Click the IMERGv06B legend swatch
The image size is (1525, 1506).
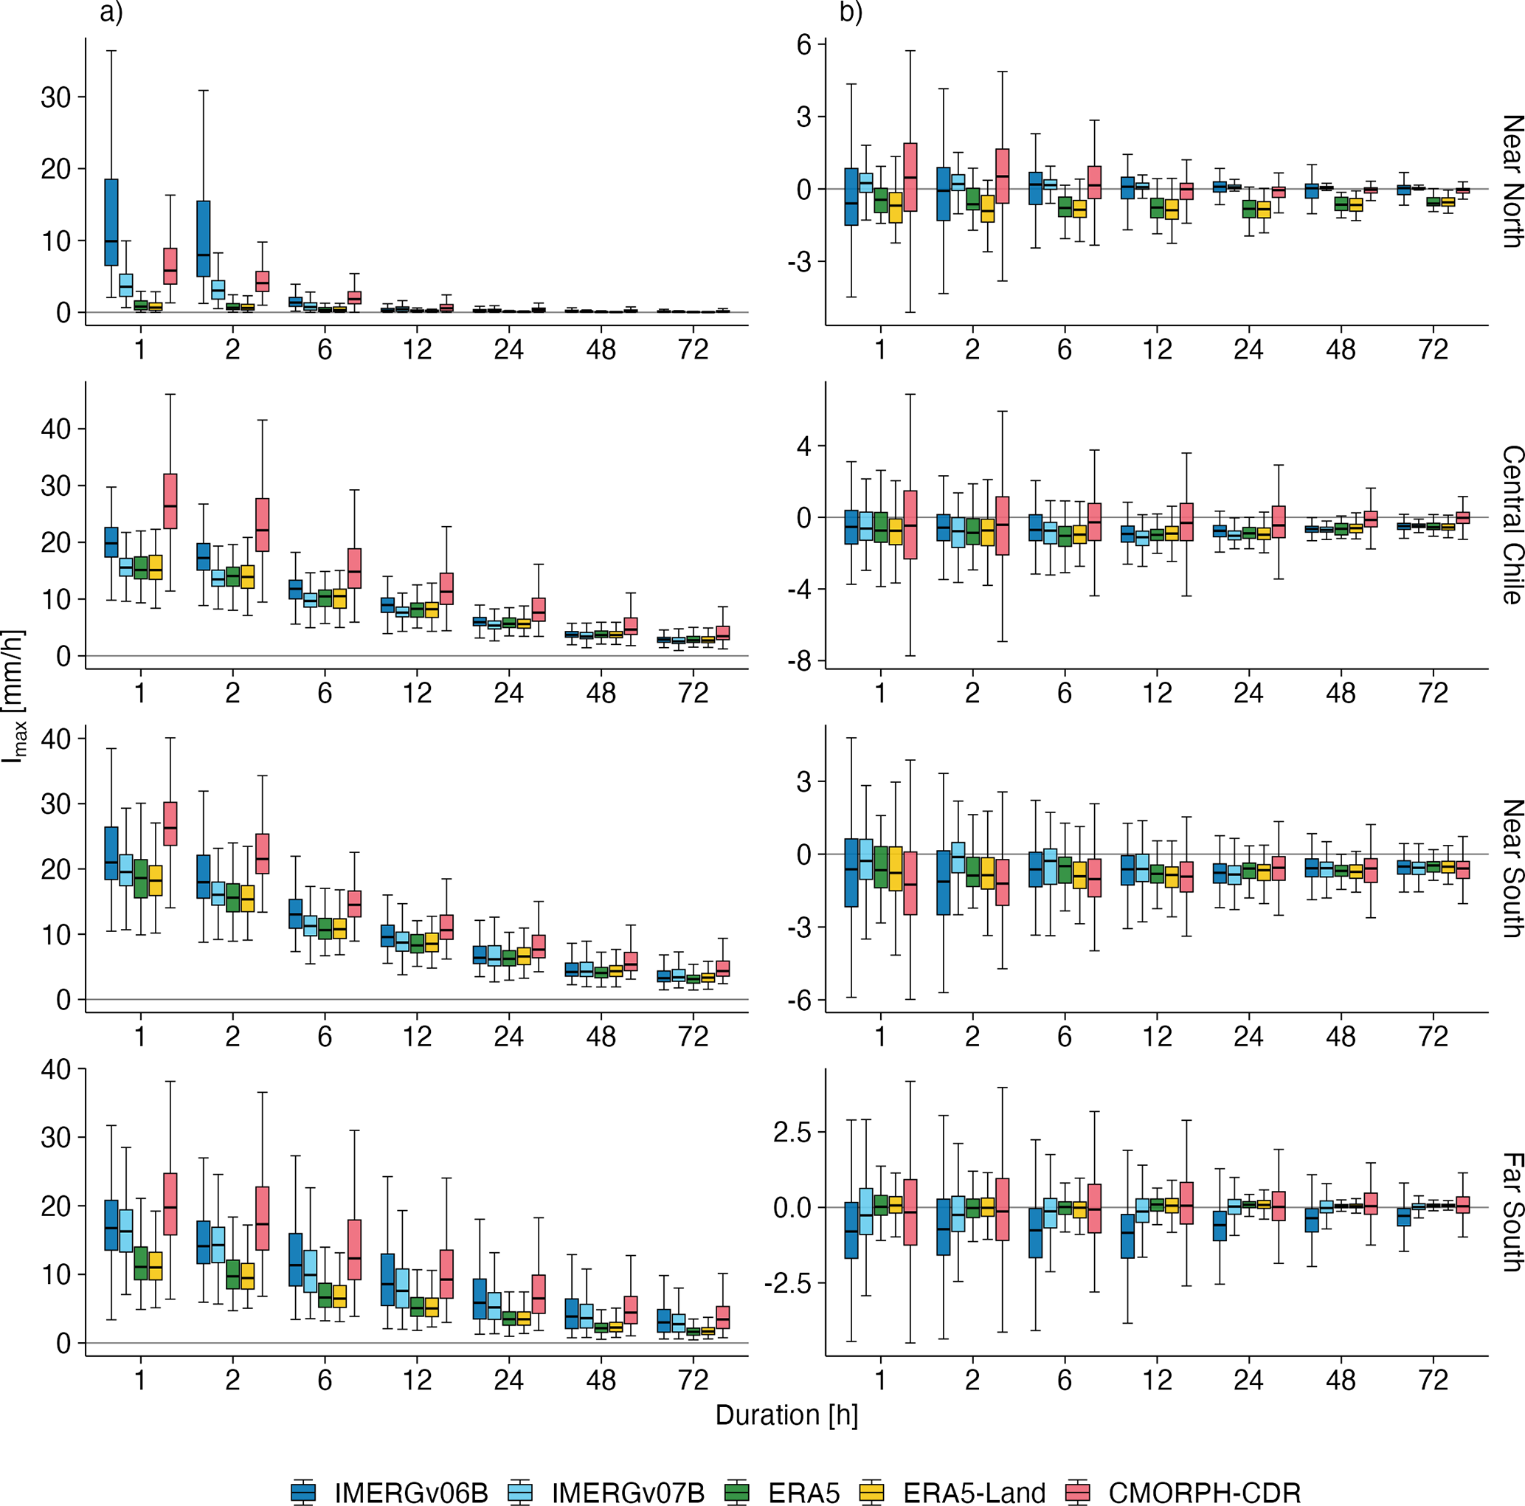coord(303,1491)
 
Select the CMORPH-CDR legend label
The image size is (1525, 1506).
coord(1205,1492)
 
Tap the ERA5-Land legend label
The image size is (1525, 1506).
coord(974,1492)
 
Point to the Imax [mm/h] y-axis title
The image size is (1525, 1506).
coord(14,694)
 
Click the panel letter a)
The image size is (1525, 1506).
coord(111,13)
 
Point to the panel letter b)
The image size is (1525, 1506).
coord(851,13)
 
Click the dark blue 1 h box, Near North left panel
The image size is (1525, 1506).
coord(111,222)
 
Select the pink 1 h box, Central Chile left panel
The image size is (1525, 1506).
coord(170,500)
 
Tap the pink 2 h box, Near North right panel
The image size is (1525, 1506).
coord(1003,175)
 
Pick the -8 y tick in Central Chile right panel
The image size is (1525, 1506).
coord(799,661)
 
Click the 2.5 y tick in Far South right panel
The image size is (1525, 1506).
coord(792,1132)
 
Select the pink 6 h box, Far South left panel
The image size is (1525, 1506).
coord(354,1249)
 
